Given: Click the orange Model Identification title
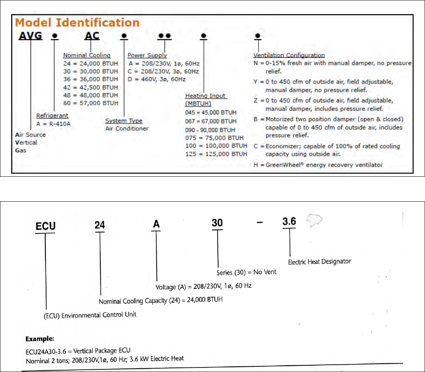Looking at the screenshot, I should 77,23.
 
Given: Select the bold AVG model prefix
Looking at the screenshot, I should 31,36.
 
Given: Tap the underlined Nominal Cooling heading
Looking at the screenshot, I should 87,56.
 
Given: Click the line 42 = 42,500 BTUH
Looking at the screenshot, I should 91,87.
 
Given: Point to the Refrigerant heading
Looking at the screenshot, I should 52,116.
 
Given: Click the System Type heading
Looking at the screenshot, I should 123,121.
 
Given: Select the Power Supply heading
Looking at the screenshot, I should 147,56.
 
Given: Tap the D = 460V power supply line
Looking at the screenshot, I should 157,79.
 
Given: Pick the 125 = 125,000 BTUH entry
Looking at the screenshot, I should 216,154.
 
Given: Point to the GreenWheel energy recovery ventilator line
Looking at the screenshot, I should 319,165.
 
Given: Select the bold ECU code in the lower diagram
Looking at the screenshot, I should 45,226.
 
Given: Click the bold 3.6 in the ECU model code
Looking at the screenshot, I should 289,222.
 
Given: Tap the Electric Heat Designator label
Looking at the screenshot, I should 319,261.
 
